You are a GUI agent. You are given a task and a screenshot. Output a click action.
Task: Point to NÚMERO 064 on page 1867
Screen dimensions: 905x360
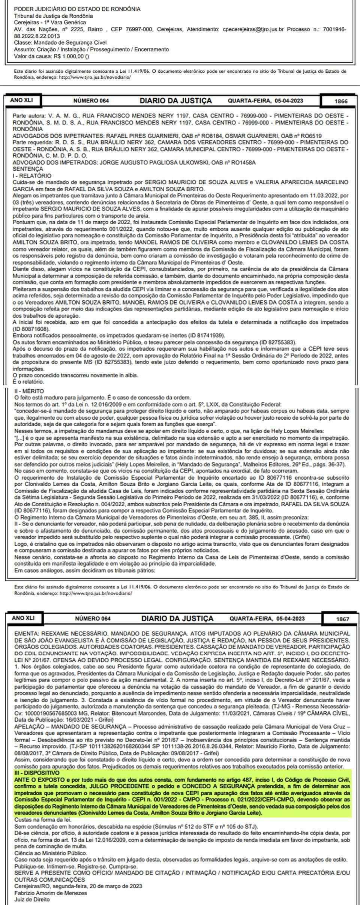click(92, 619)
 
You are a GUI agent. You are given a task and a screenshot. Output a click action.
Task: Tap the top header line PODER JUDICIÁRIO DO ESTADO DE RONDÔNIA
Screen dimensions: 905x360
click(77, 9)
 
